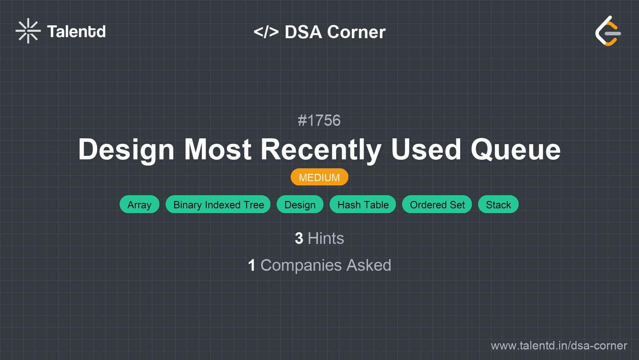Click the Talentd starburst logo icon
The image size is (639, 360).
pos(28,31)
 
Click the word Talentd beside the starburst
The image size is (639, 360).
pos(76,32)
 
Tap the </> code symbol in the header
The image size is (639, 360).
pos(266,32)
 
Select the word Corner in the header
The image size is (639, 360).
pos(356,32)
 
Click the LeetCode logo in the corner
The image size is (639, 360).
pos(608,31)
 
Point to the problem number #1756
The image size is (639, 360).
pos(319,120)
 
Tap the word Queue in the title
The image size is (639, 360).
pos(516,150)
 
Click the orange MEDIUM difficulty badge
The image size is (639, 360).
pos(319,177)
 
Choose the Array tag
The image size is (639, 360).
pos(139,204)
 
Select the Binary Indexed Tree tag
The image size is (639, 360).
pos(218,204)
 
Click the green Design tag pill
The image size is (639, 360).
pos(300,204)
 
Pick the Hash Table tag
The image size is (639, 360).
pos(363,204)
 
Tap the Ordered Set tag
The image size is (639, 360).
pos(437,204)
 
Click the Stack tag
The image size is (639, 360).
pos(498,204)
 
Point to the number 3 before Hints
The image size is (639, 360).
pos(299,238)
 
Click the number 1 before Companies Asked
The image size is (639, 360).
pos(252,265)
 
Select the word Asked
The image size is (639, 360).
pos(369,265)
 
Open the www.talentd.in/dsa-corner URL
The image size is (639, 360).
pos(559,346)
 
